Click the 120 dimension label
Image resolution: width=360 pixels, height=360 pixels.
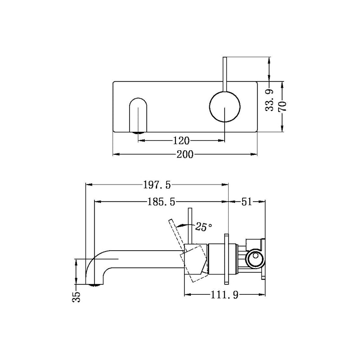click(181, 140)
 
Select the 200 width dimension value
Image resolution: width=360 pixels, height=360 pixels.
click(185, 154)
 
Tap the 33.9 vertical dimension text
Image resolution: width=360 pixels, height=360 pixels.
click(270, 100)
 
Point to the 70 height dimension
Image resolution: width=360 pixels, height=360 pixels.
click(283, 106)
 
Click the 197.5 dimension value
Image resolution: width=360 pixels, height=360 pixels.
click(157, 184)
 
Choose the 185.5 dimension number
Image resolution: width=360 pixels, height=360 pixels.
click(161, 202)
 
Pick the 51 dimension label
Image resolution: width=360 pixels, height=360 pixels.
click(246, 202)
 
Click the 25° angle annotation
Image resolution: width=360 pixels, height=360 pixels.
click(204, 227)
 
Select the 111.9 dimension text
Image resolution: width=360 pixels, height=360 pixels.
click(225, 295)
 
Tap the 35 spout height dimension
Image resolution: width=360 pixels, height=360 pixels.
click(76, 297)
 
